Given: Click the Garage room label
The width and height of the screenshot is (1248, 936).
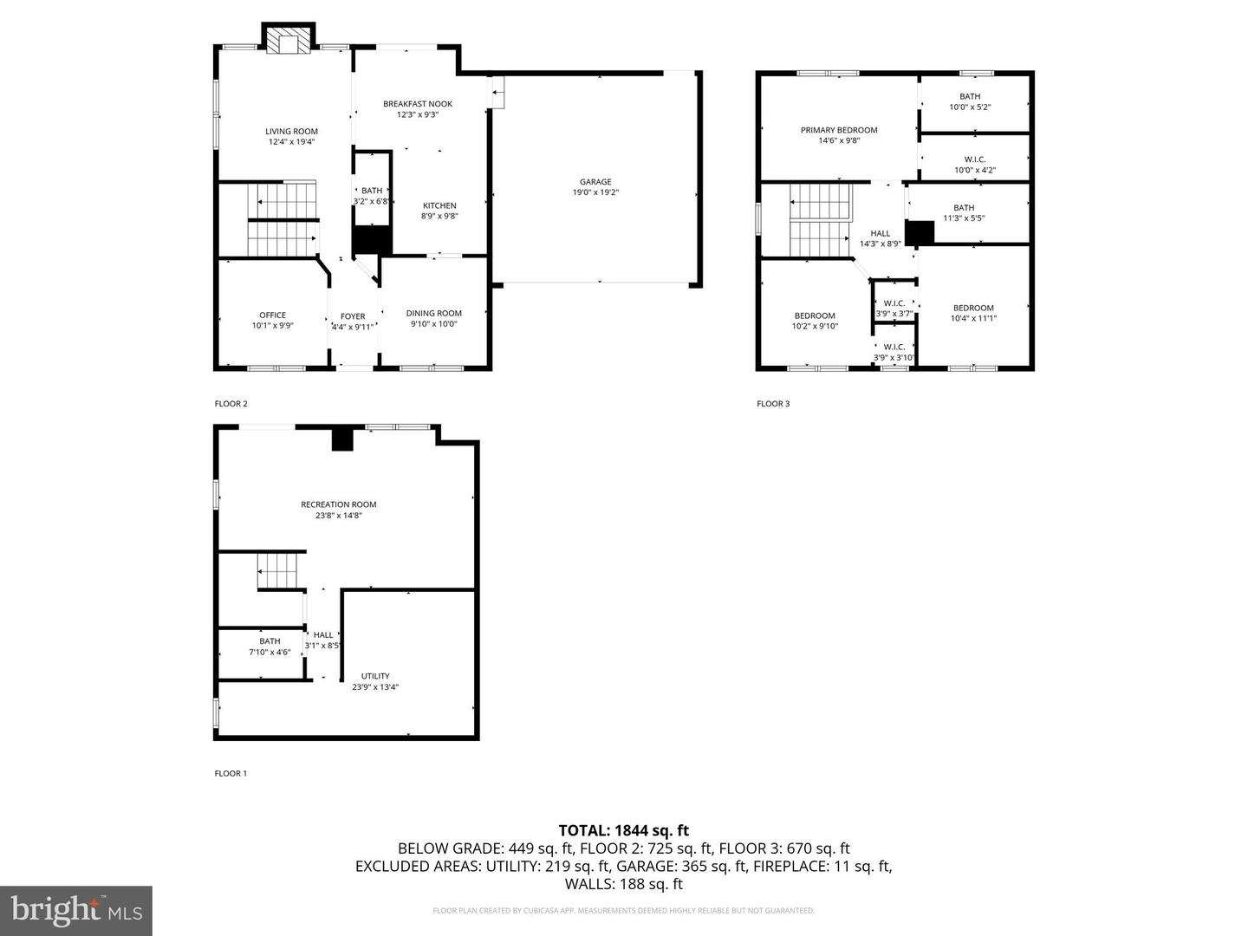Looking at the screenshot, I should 595,182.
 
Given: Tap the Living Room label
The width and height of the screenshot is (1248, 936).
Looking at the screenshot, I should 291,132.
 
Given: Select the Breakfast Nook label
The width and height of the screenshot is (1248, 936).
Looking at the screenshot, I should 418,104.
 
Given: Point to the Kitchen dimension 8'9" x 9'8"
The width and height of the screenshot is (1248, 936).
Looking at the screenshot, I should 439,217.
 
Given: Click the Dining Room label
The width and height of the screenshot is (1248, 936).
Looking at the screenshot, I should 433,314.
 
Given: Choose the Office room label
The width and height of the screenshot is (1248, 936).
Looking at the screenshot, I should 272,315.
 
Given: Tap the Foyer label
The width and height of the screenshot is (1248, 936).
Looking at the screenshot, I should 353,316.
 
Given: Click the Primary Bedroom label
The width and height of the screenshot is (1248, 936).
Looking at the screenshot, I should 838,130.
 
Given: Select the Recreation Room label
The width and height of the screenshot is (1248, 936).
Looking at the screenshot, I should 338,504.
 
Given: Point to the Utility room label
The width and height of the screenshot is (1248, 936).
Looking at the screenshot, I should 375,676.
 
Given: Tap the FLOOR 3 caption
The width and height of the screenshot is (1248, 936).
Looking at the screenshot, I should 773,404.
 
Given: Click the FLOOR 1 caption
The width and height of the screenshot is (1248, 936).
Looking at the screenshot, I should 231,773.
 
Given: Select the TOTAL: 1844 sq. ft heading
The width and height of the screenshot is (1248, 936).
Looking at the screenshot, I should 623,831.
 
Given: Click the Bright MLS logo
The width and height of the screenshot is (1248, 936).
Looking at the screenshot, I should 76,910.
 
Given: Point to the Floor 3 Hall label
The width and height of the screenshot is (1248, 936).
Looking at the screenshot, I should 880,233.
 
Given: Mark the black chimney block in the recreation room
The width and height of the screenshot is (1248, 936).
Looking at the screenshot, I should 343,439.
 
